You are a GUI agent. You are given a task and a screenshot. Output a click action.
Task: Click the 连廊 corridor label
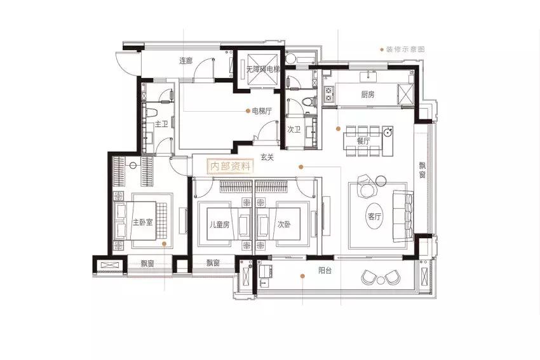186,61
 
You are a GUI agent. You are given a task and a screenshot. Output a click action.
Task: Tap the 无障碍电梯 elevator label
263,69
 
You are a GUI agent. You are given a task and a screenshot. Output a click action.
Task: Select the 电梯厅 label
262,111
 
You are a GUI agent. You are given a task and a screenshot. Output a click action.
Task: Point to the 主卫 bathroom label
161,124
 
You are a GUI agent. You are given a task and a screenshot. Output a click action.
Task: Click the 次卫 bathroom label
294,130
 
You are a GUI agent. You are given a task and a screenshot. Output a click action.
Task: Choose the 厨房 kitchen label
367,95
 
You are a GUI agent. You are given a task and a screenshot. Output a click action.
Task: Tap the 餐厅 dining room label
363,141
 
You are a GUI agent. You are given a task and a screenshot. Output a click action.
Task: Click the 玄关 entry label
267,157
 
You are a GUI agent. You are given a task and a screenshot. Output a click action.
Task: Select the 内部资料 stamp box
231,166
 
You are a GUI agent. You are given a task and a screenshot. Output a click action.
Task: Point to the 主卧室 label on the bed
142,222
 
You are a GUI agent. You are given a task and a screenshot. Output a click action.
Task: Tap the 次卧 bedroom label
284,224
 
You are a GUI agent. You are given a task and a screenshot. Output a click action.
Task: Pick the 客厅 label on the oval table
374,217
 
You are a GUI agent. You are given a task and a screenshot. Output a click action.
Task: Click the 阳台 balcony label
325,270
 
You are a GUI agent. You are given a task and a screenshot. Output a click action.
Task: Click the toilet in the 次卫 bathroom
309,101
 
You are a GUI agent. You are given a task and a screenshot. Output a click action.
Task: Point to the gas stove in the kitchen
329,95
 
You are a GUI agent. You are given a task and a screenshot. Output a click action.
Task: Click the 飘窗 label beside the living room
422,170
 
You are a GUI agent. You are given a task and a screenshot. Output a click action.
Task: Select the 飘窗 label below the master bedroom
147,264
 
